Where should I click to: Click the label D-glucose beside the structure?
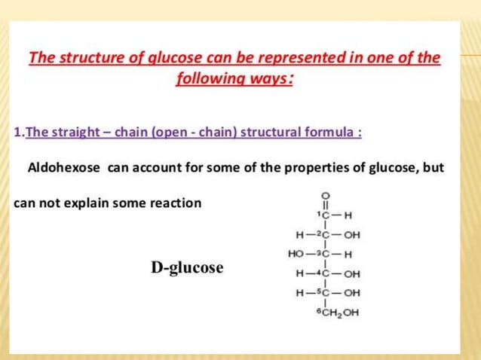coord(187,267)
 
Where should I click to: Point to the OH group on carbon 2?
coord(352,234)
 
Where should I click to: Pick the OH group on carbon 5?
coord(352,293)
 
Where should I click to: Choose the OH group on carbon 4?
coord(352,273)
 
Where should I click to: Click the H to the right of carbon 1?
coord(348,215)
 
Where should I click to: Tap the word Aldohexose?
coord(63,167)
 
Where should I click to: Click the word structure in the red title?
coord(89,58)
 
